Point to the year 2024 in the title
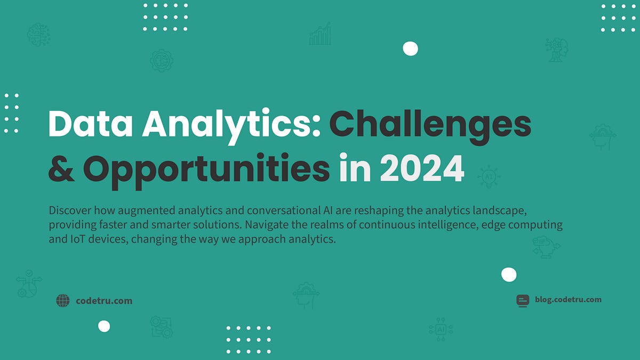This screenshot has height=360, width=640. [421, 169]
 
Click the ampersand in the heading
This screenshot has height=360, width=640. [61, 169]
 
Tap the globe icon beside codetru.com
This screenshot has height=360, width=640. [63, 301]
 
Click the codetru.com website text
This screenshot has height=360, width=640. [104, 301]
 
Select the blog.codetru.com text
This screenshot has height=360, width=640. [568, 299]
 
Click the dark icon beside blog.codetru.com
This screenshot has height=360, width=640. [523, 300]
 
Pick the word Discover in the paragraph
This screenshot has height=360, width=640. [68, 210]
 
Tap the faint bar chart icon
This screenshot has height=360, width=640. [320, 34]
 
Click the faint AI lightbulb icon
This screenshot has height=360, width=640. [488, 177]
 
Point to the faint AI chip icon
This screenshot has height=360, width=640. [441, 330]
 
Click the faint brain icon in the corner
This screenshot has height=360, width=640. [38, 34]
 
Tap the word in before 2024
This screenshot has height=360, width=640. [355, 169]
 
